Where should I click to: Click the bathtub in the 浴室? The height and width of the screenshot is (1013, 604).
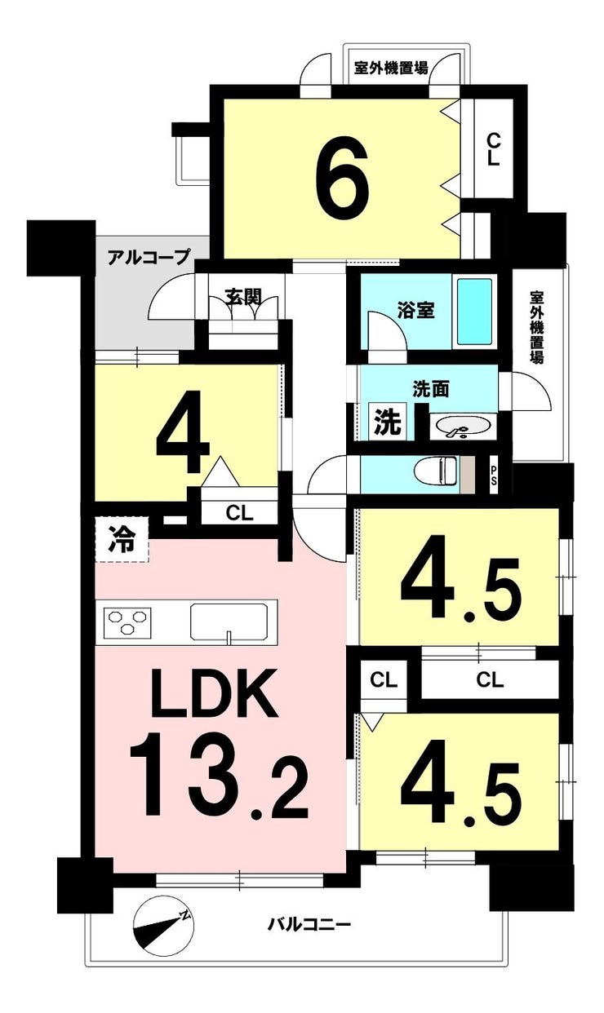pyautogui.click(x=474, y=312)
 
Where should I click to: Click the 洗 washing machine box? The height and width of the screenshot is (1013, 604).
pyautogui.click(x=387, y=422)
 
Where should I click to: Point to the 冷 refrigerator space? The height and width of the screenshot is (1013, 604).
pyautogui.click(x=122, y=539)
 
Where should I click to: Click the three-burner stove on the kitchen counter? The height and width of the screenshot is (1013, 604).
pyautogui.click(x=127, y=621)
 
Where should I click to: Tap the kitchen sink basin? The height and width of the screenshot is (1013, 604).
pyautogui.click(x=229, y=622)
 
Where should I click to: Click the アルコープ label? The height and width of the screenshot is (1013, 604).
pyautogui.click(x=149, y=257)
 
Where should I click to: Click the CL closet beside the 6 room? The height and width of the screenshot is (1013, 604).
pyautogui.click(x=494, y=150)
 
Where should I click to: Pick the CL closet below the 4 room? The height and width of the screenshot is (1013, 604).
pyautogui.click(x=240, y=513)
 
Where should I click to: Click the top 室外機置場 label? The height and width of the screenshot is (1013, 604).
pyautogui.click(x=391, y=68)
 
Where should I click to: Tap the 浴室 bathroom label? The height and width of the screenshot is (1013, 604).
pyautogui.click(x=416, y=311)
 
